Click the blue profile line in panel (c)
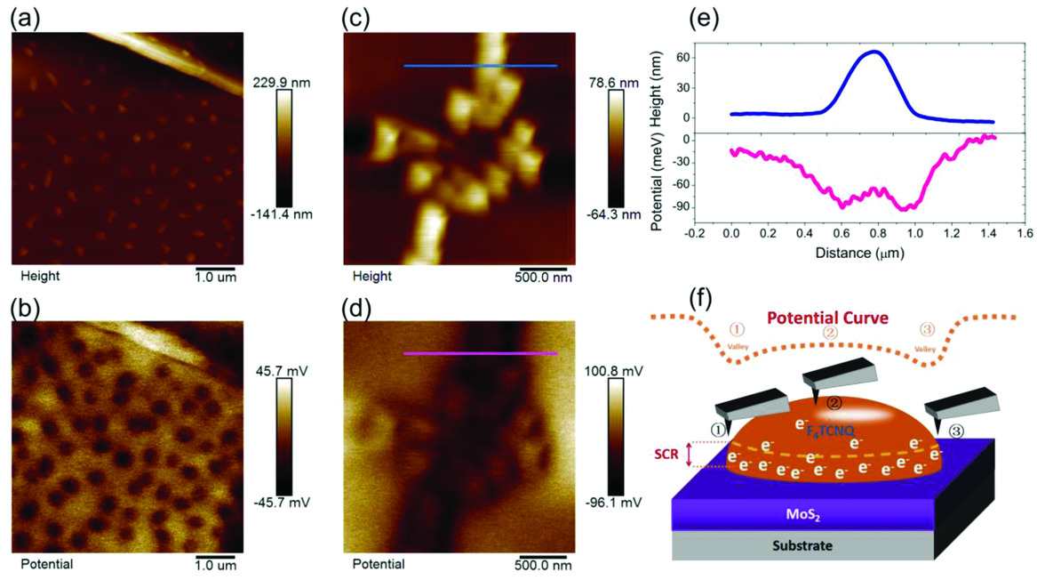[x=480, y=66]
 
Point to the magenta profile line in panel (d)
[x=480, y=354]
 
